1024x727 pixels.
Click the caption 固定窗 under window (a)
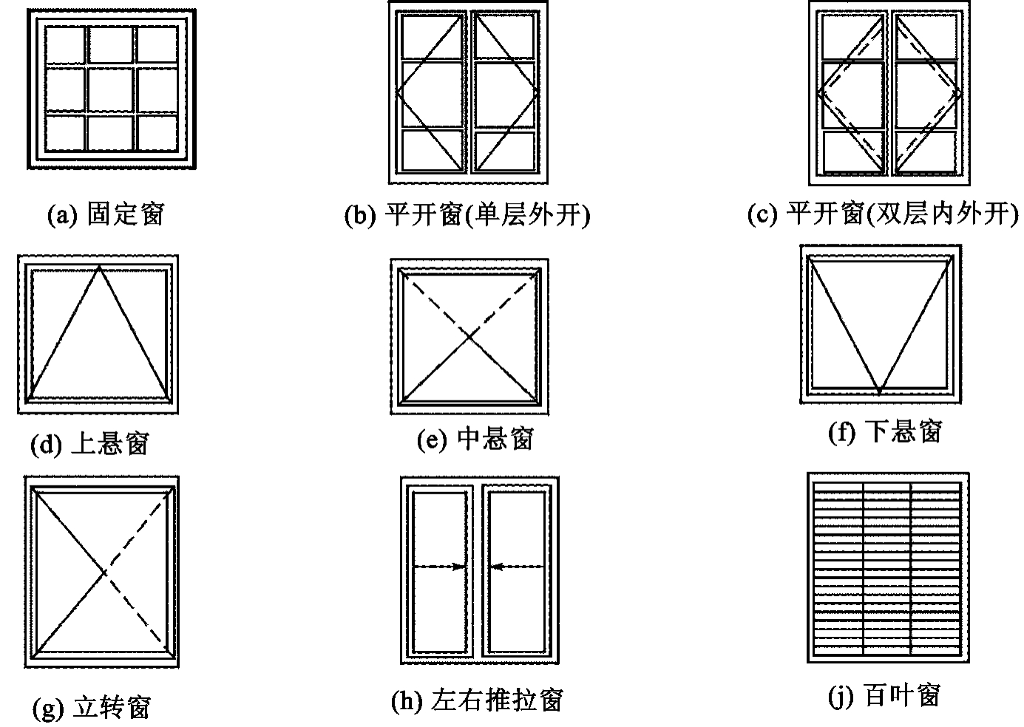tap(126, 214)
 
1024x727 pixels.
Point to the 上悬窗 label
tap(110, 443)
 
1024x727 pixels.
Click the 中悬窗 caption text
tap(495, 438)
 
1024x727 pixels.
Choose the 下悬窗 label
tap(903, 431)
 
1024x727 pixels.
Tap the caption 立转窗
tap(112, 707)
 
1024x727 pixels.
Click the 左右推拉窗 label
tap(497, 700)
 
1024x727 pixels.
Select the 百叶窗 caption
tap(903, 695)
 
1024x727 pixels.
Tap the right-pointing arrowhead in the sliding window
tap(459, 567)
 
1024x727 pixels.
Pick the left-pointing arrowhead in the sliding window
tap(497, 567)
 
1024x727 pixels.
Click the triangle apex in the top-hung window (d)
tap(99, 267)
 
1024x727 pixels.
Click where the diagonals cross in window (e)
tap(469, 337)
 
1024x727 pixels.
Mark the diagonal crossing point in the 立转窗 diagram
tap(104, 572)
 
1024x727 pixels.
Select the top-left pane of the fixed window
tap(65, 44)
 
